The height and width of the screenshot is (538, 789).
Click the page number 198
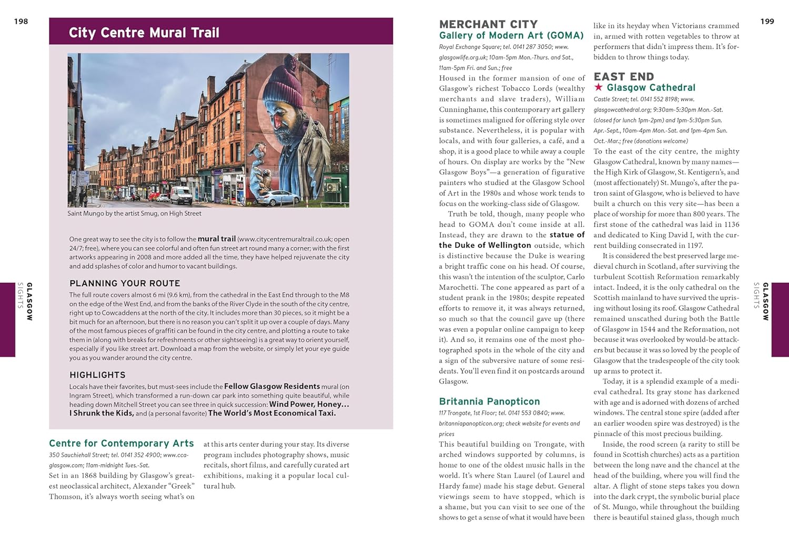tap(21, 22)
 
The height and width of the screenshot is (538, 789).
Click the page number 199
tap(767, 22)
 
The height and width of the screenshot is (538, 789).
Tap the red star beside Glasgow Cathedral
tap(599, 87)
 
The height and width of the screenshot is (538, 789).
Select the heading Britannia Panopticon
tap(489, 401)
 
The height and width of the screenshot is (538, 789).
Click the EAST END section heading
tap(623, 77)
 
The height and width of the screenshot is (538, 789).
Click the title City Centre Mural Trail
tap(144, 33)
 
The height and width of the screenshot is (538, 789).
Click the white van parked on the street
tap(181, 195)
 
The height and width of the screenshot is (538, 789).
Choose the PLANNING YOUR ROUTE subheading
tap(125, 283)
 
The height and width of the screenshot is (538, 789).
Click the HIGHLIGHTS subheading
tap(97, 375)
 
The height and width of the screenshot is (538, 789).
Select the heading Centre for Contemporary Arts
tap(122, 443)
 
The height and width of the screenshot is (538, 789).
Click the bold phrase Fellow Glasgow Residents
tap(272, 387)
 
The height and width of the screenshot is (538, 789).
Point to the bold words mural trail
tap(217, 239)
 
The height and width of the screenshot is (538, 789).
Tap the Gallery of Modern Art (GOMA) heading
tap(511, 35)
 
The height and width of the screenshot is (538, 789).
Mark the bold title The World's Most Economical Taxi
tap(272, 413)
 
